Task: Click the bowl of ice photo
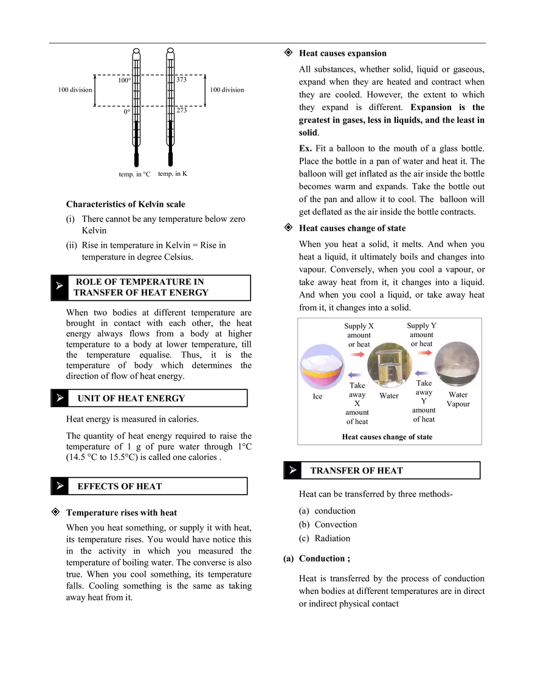[x=322, y=366]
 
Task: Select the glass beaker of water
[x=389, y=366]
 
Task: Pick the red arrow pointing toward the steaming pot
[x=424, y=353]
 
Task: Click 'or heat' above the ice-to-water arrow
[x=359, y=344]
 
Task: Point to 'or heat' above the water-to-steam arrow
[x=422, y=344]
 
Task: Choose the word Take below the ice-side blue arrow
[x=357, y=385]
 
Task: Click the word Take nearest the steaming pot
[x=424, y=383]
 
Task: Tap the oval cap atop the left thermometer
[x=136, y=51]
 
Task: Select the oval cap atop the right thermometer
[x=170, y=51]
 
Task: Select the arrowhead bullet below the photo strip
[x=293, y=470]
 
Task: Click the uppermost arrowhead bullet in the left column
[x=59, y=285]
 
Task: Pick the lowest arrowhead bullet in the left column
[x=59, y=486]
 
